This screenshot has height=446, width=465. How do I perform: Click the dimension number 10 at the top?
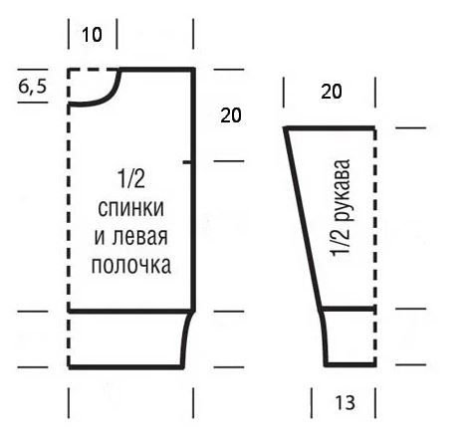point(92,35)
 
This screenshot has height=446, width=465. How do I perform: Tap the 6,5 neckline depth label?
point(33,87)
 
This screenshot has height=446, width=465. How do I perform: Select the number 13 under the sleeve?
point(346,402)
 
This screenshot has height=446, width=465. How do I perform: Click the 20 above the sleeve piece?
point(332,92)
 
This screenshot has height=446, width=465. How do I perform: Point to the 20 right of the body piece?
point(231,115)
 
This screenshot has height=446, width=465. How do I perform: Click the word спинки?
point(131,208)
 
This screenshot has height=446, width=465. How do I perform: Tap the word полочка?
point(131,265)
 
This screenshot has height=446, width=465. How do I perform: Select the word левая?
point(139,237)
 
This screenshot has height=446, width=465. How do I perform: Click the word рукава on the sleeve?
point(343,190)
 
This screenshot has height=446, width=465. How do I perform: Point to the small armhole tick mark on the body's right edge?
point(187,162)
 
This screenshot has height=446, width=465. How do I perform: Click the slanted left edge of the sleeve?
point(303,219)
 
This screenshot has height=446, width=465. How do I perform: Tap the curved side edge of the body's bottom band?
point(185,338)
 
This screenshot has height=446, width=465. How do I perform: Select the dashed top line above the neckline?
point(93,70)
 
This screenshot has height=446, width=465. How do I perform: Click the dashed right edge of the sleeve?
point(375,246)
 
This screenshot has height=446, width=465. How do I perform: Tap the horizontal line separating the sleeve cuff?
point(349,309)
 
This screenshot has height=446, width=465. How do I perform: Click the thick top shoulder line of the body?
point(156,70)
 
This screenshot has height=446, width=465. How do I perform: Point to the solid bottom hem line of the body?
point(125,367)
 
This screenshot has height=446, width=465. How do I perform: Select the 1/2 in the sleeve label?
point(341,241)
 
